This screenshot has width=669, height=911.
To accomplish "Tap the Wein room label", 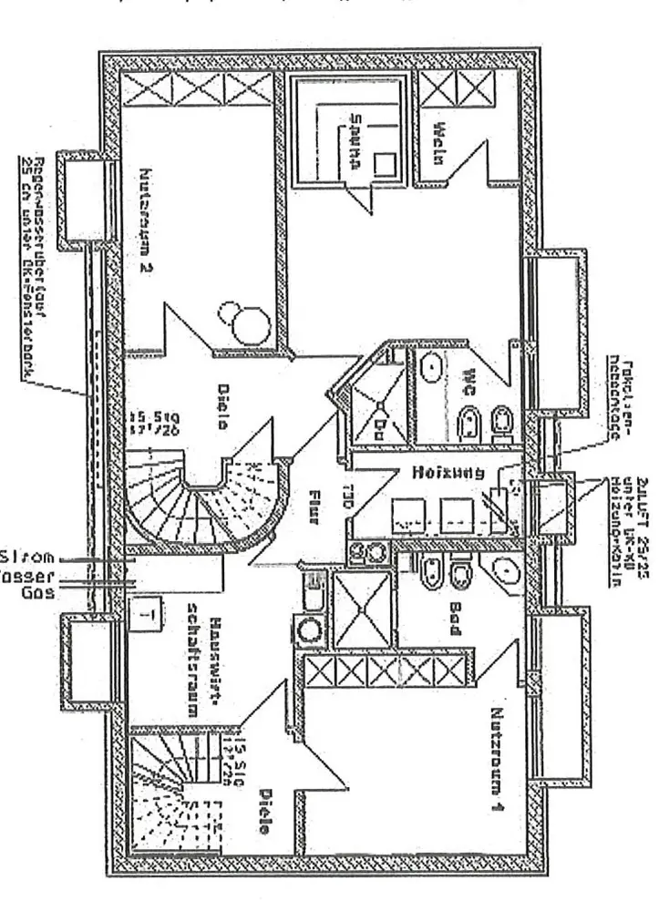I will [x=438, y=143].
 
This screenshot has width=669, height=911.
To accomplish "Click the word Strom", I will [x=29, y=556].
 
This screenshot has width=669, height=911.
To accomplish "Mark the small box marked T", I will [x=147, y=613].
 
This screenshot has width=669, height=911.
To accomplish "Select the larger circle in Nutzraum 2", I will [x=247, y=324].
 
